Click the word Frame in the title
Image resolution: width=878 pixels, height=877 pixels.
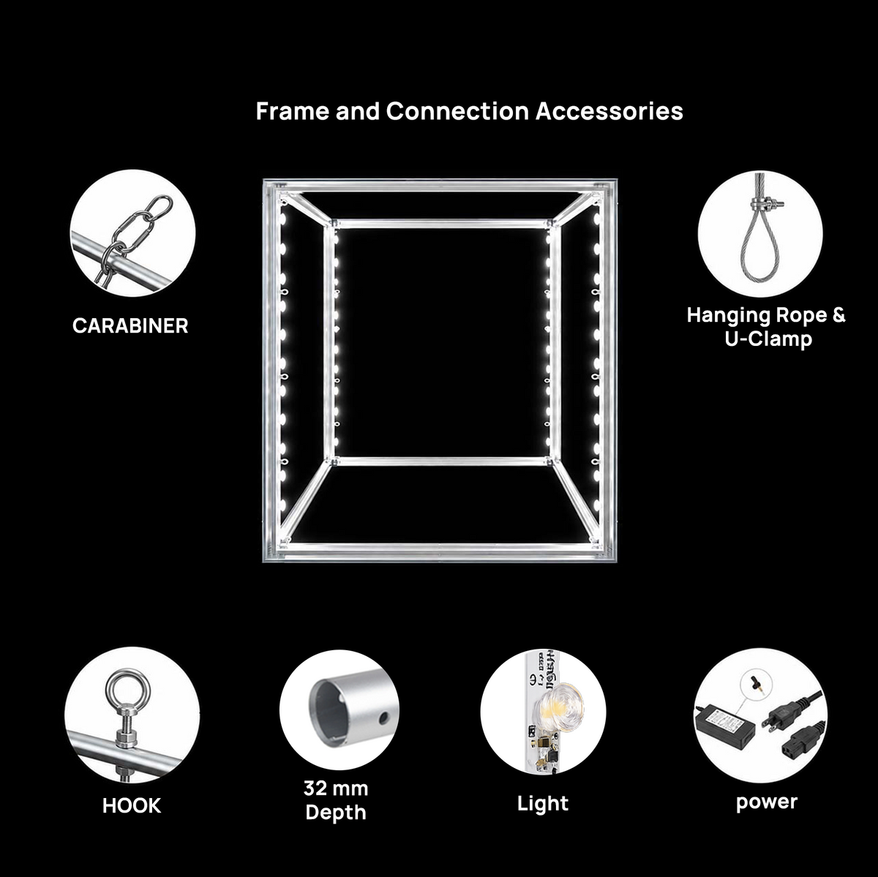(292, 111)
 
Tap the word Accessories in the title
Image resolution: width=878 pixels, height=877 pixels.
(609, 111)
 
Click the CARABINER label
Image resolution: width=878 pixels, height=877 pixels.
(130, 325)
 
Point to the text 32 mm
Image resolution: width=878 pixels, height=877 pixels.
(336, 788)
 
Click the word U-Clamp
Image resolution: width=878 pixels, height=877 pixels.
(768, 339)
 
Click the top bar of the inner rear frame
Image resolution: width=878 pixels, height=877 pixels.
(442, 224)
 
